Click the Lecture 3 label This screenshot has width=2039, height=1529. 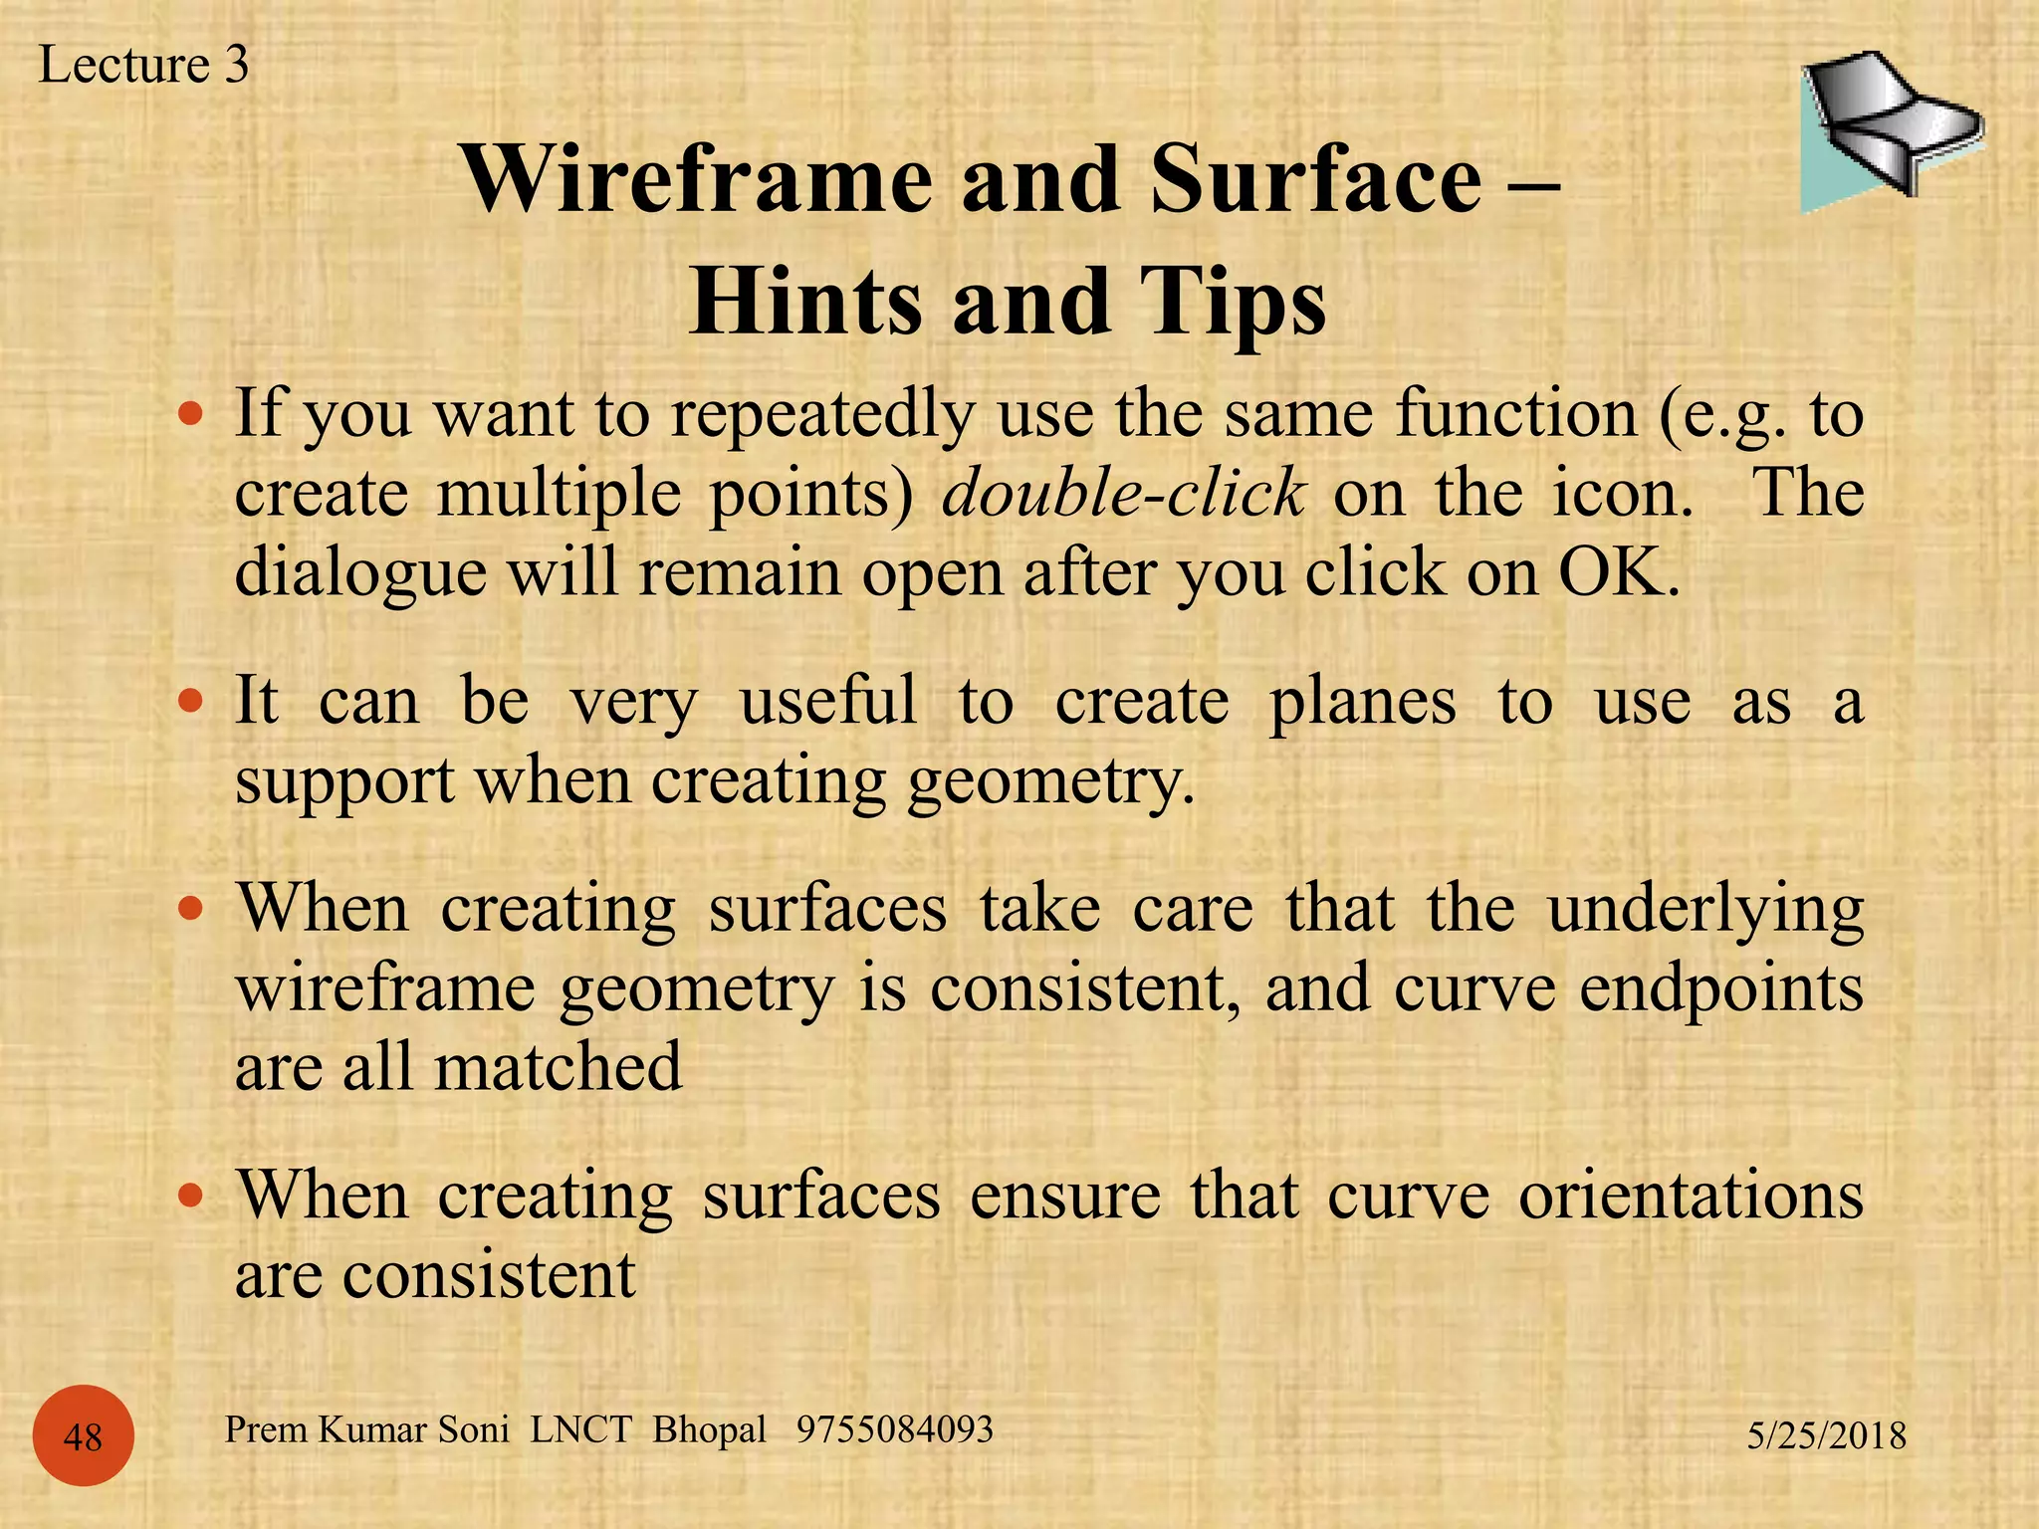pos(143,66)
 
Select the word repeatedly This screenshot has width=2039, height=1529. pos(822,414)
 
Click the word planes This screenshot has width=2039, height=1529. pos(1362,702)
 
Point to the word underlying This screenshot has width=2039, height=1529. pos(1705,909)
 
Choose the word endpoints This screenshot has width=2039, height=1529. pos(1721,988)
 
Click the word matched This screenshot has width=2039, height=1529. pos(558,1067)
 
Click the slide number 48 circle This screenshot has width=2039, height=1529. pos(83,1436)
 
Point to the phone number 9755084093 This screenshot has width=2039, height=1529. pos(894,1429)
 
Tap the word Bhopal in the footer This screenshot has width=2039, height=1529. pos(709,1429)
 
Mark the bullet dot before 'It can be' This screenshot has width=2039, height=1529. pos(190,702)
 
